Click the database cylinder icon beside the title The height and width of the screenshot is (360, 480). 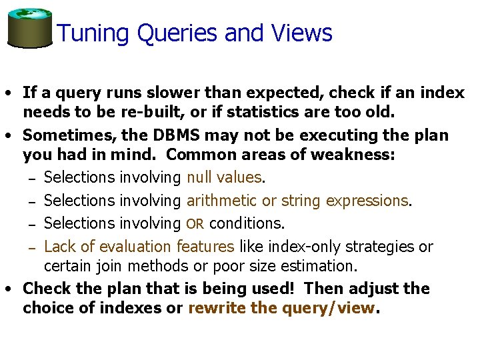tap(29, 27)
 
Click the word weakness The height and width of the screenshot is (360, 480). tap(357, 155)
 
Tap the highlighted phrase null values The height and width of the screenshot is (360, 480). tap(224, 177)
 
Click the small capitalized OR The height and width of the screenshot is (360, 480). tap(195, 223)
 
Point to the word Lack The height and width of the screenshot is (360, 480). tap(59, 246)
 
